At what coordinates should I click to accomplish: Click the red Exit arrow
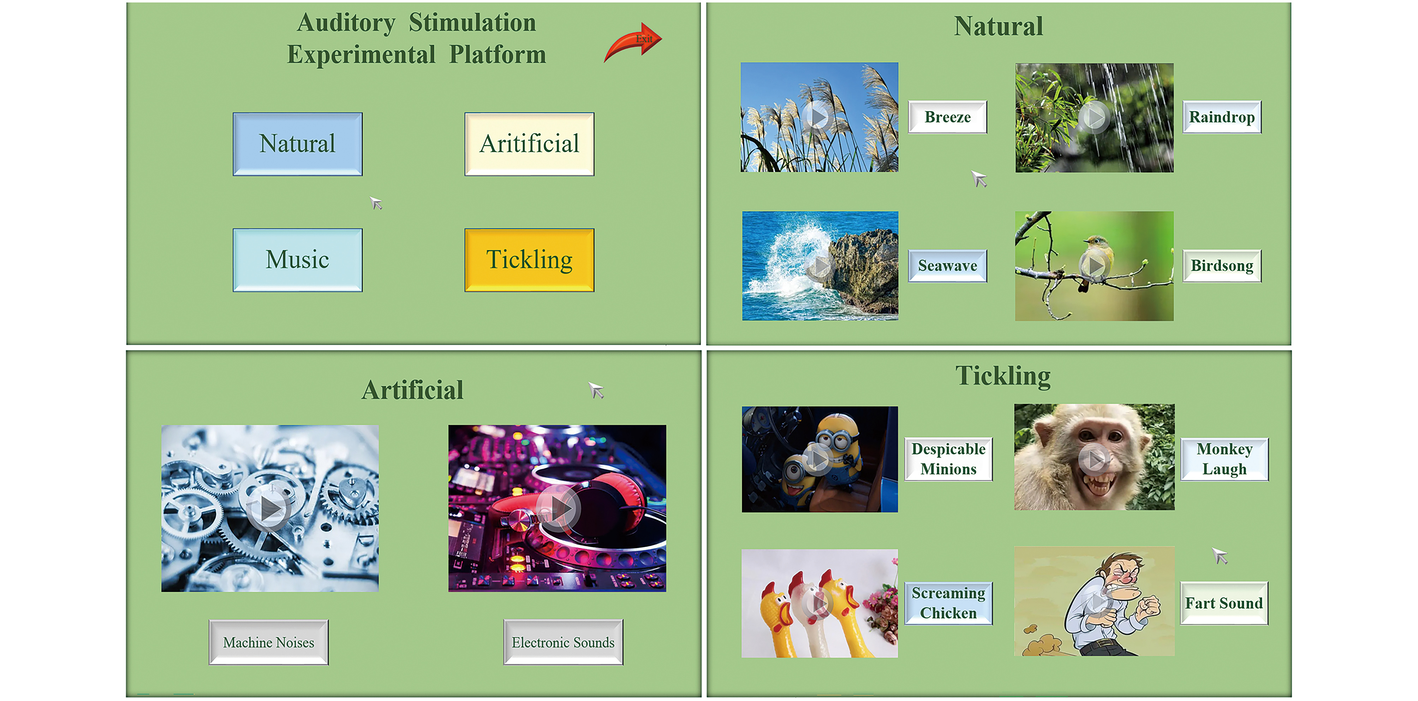[x=633, y=43]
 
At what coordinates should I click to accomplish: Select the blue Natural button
[x=297, y=144]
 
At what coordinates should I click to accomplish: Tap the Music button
[x=297, y=260]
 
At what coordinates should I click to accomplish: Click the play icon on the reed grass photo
[x=818, y=117]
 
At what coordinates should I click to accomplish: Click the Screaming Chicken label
[x=948, y=603]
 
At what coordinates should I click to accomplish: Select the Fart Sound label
[x=1224, y=603]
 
